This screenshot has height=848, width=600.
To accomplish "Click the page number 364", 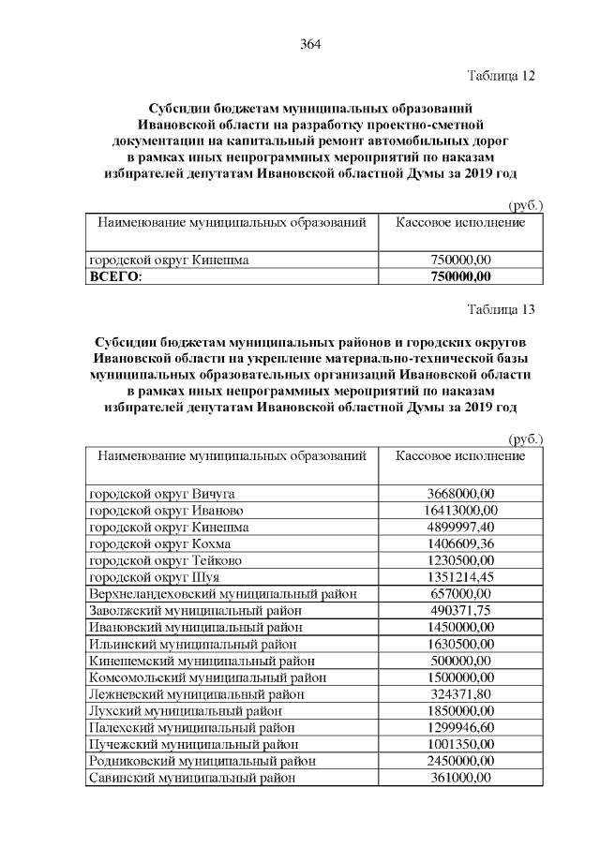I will pyautogui.click(x=310, y=45).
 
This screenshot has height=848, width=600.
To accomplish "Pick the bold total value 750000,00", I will pyautogui.click(x=459, y=275).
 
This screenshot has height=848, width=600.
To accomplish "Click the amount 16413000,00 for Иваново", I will pyautogui.click(x=459, y=511).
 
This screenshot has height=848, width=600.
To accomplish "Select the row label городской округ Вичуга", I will pyautogui.click(x=161, y=494).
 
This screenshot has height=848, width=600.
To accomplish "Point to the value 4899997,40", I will pyautogui.click(x=459, y=528).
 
